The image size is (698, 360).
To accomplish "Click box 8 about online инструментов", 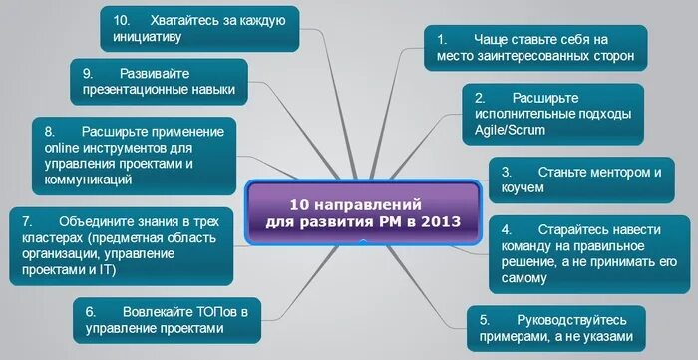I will pyautogui.click(x=134, y=156).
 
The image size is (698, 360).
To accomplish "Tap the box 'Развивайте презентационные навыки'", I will pyautogui.click(x=159, y=82).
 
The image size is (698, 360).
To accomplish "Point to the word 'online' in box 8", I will pyautogui.click(x=63, y=148).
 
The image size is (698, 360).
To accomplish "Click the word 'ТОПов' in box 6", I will pyautogui.click(x=211, y=310).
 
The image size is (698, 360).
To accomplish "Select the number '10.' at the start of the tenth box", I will pyautogui.click(x=122, y=20).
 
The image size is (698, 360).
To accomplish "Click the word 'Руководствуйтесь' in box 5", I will pyautogui.click(x=571, y=320).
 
